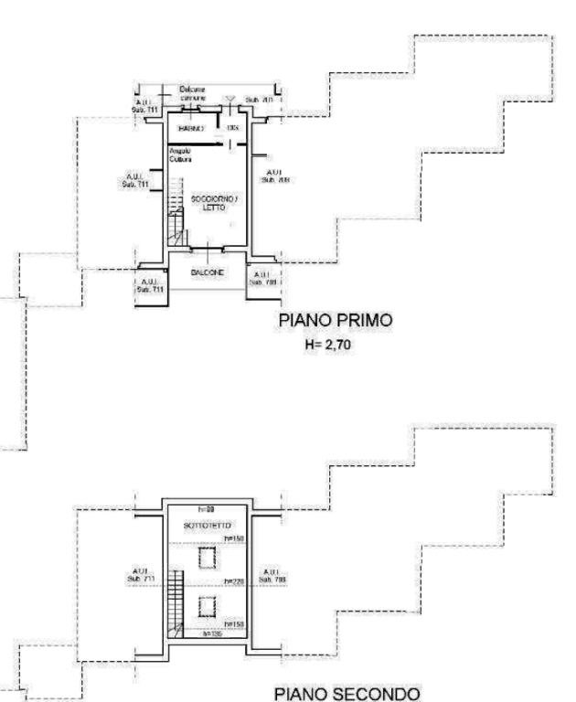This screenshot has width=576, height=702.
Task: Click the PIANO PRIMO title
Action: tap(335, 321)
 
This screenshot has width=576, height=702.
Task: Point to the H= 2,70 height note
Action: tap(329, 346)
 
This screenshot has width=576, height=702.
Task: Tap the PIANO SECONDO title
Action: tap(347, 694)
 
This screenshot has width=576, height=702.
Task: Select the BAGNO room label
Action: tap(189, 127)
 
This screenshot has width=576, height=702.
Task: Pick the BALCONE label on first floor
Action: tap(208, 272)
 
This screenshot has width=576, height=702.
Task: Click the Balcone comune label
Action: tap(194, 92)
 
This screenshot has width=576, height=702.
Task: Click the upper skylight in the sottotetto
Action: tap(207, 556)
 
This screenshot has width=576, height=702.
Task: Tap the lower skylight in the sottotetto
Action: tap(208, 604)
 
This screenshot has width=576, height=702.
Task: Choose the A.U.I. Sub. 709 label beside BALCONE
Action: tap(262, 277)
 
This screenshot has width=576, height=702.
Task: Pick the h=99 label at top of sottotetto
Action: tap(206, 508)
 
